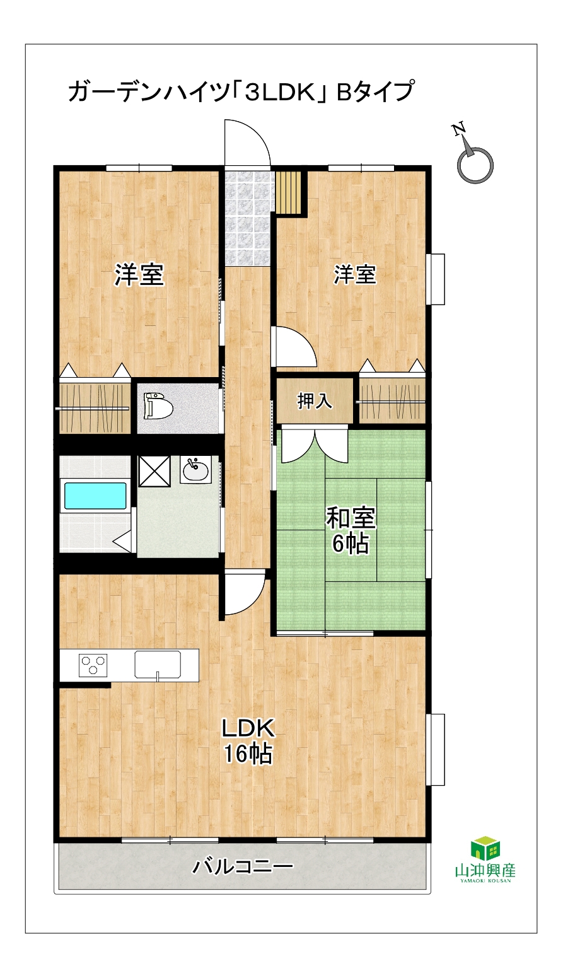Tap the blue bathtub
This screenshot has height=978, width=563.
[96, 495]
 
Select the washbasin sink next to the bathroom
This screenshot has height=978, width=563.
[195, 469]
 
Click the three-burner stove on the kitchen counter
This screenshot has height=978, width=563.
[93, 665]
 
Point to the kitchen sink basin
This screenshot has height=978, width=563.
[158, 665]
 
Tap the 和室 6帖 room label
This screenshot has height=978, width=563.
[351, 530]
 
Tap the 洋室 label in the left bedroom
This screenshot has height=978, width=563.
[139, 275]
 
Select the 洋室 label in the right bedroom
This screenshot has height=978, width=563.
[355, 274]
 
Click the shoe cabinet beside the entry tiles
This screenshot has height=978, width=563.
[289, 192]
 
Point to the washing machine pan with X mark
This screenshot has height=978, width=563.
[154, 471]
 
